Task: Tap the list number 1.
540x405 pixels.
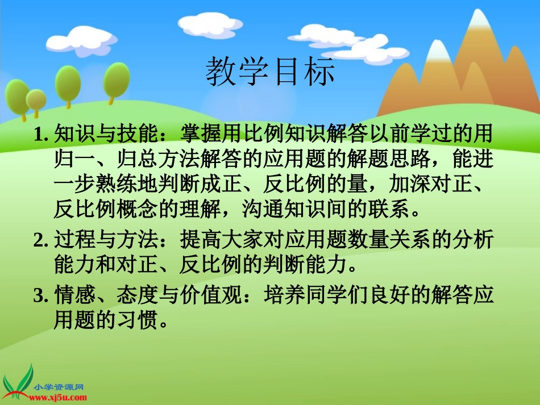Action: [x=40, y=135]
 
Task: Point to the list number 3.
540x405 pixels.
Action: [x=40, y=295]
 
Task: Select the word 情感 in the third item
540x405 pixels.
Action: [x=72, y=295]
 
